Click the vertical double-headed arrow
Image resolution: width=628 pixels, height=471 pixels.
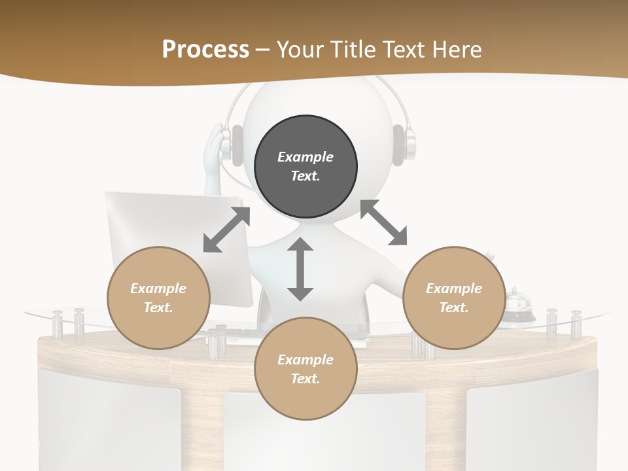(300, 269)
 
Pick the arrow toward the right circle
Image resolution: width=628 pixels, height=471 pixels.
(383, 222)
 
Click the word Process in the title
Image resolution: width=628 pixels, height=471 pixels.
(205, 49)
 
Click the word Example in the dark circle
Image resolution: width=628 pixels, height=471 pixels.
(305, 157)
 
